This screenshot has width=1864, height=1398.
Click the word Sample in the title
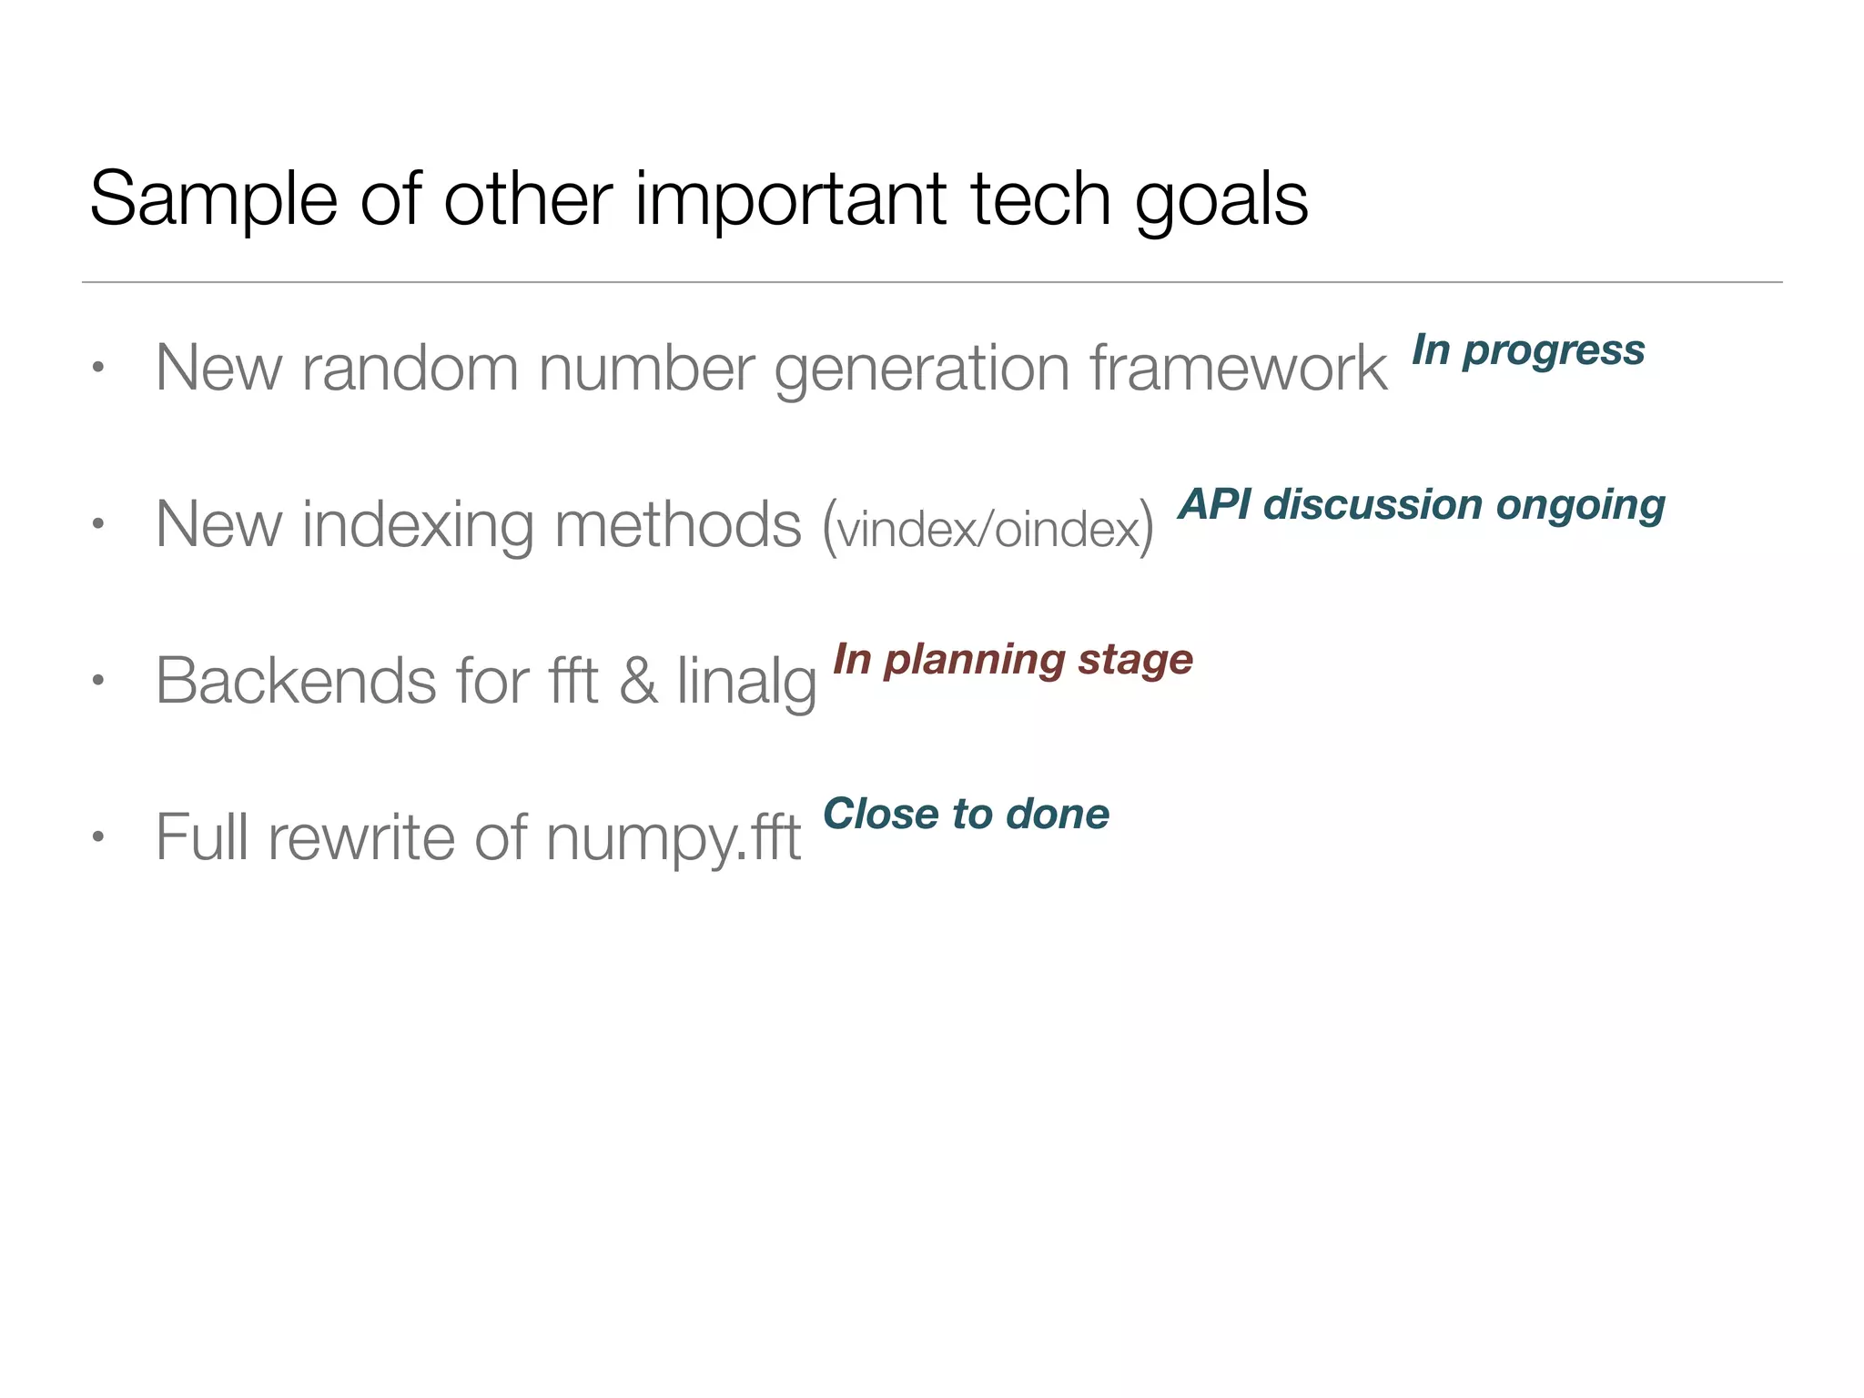point(213,200)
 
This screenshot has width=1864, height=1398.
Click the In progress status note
point(1528,350)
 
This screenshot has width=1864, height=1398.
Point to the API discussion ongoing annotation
point(1422,505)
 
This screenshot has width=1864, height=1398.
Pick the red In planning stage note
point(1012,660)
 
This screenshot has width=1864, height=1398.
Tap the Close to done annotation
point(966,814)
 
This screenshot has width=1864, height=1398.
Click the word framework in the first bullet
point(1239,368)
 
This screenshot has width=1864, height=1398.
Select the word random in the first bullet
point(410,368)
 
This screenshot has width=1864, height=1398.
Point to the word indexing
point(418,525)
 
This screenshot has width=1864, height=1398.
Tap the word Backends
point(296,681)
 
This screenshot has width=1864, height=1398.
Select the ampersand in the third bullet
point(638,681)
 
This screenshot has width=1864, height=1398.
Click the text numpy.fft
point(674,838)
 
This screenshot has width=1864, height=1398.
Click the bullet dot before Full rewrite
point(98,836)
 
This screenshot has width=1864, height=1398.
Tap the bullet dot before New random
point(98,369)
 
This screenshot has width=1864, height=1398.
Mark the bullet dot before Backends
point(98,680)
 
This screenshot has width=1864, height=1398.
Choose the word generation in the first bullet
point(921,370)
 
